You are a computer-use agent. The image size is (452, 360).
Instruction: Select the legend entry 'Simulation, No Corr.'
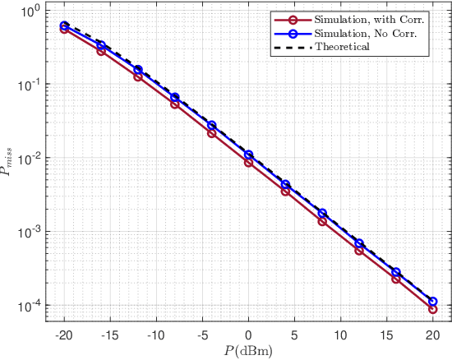coord(359,33)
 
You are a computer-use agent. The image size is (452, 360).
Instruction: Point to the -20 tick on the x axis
coord(64,335)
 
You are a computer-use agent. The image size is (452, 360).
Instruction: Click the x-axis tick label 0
coord(248,335)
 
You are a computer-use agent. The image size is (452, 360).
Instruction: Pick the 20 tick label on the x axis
coord(432,335)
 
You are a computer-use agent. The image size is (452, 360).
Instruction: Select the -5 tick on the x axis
coord(202,335)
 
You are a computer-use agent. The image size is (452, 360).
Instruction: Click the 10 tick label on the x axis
coord(340,335)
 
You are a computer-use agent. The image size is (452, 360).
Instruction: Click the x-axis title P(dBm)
coord(248,351)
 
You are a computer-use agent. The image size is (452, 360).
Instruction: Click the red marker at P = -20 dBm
coord(65,29)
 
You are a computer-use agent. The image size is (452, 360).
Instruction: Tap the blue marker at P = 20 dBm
coord(432,302)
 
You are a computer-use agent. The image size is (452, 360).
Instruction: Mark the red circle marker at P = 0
coord(248,163)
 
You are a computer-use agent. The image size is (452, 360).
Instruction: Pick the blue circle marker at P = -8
coord(175,97)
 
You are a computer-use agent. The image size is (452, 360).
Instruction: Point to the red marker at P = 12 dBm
coord(359,250)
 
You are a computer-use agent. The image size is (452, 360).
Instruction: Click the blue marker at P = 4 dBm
coord(285,185)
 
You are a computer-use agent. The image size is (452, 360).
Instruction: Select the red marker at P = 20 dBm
coord(432,309)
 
